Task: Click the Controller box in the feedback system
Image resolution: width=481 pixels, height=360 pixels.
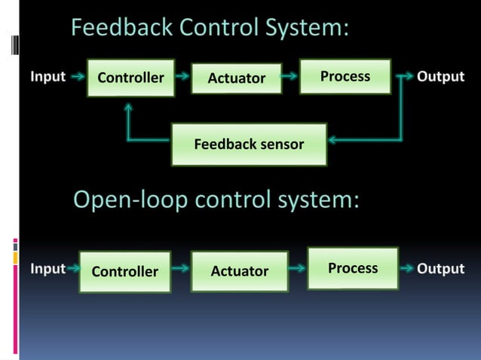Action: pyautogui.click(x=130, y=78)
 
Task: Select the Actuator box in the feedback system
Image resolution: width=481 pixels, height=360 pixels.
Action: pyautogui.click(x=236, y=78)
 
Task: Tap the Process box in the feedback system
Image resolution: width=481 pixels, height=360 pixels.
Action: pyautogui.click(x=345, y=76)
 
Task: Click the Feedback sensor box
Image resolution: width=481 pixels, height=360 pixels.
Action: pyautogui.click(x=249, y=144)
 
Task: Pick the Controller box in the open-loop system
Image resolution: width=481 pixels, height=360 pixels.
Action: pyautogui.click(x=124, y=271)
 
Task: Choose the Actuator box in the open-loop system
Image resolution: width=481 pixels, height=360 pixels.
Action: pyautogui.click(x=239, y=271)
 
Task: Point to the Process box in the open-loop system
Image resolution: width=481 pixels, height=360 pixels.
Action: pyautogui.click(x=352, y=268)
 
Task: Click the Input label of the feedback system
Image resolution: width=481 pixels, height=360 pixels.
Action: pyautogui.click(x=47, y=77)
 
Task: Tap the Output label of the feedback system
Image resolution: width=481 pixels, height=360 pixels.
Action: pyautogui.click(x=441, y=77)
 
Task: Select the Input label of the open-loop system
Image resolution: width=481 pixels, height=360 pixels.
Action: pyautogui.click(x=47, y=269)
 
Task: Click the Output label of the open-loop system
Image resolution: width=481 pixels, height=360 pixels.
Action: pyautogui.click(x=441, y=269)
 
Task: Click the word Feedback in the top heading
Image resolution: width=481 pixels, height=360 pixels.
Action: pyautogui.click(x=121, y=29)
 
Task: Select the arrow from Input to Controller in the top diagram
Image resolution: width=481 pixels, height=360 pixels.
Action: pyautogui.click(x=76, y=77)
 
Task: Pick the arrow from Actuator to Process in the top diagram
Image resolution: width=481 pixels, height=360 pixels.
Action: pyautogui.click(x=290, y=77)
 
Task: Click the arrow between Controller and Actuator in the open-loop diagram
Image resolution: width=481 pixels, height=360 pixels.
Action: pyautogui.click(x=181, y=267)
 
